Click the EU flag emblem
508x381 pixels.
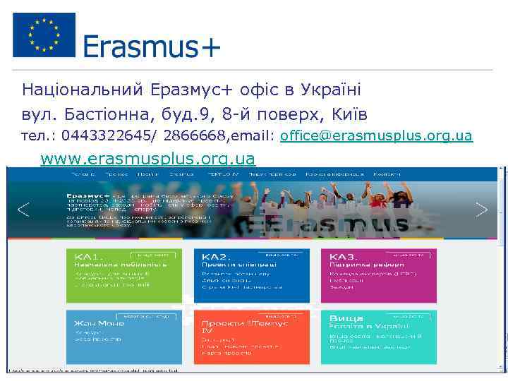[44, 35]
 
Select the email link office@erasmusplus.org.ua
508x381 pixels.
[376, 135]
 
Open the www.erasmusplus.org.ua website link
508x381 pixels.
[147, 158]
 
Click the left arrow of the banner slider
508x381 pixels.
[23, 210]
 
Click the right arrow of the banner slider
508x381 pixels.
[482, 210]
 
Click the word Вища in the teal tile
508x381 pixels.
[346, 318]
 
